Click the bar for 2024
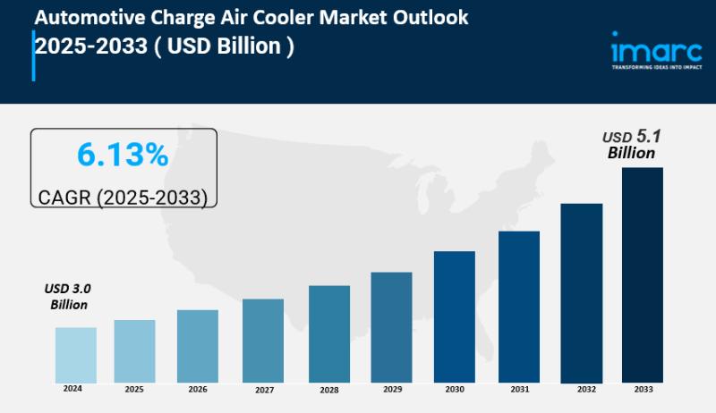[x=75, y=354]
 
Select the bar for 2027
[x=262, y=340]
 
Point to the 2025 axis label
[x=134, y=390]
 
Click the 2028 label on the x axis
[x=328, y=391]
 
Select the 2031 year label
[x=518, y=390]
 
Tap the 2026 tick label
[x=197, y=390]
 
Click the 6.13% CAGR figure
[x=123, y=156]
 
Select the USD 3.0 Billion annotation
[x=68, y=297]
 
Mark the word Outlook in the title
[x=432, y=18]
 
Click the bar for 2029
[x=391, y=326]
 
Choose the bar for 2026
[x=197, y=346]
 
